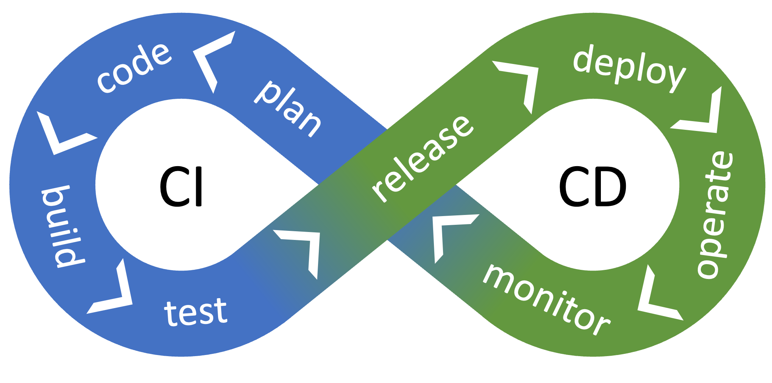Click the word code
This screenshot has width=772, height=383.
(x=134, y=67)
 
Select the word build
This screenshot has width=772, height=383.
(x=63, y=227)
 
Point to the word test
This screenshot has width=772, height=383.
(x=196, y=311)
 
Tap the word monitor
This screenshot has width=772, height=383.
(x=546, y=299)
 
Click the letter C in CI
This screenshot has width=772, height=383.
(x=174, y=187)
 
